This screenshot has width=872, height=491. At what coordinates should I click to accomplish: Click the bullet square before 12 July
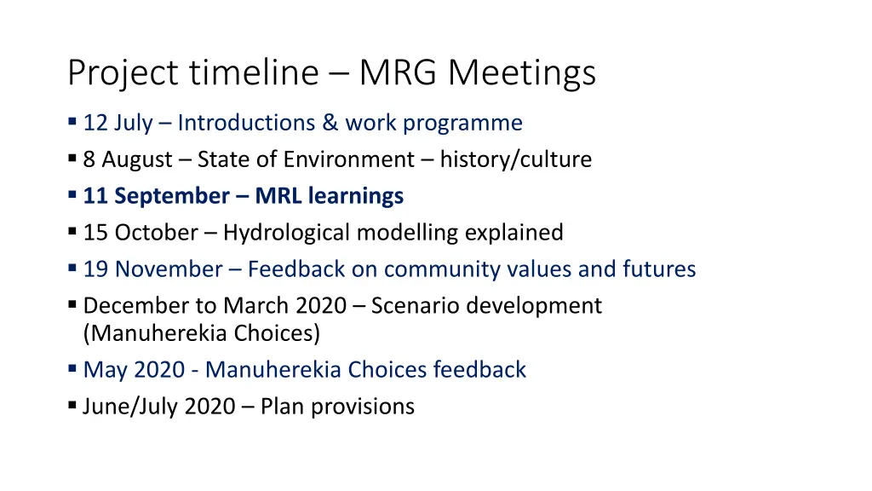point(72,123)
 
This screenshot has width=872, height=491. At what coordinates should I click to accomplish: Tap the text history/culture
point(515,159)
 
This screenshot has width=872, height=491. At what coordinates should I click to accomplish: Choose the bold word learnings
point(355,196)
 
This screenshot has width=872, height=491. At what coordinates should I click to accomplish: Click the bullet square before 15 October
point(72,233)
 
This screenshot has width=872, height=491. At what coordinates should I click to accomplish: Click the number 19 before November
point(95,269)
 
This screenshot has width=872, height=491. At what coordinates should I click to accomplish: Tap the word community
point(434,269)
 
